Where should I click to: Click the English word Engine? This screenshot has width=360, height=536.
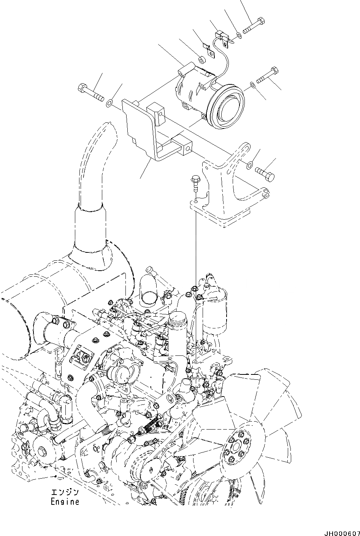click(x=65, y=502)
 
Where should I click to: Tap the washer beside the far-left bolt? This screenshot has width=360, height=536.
click(x=110, y=102)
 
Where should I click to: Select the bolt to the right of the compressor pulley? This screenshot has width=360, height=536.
click(x=268, y=76)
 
